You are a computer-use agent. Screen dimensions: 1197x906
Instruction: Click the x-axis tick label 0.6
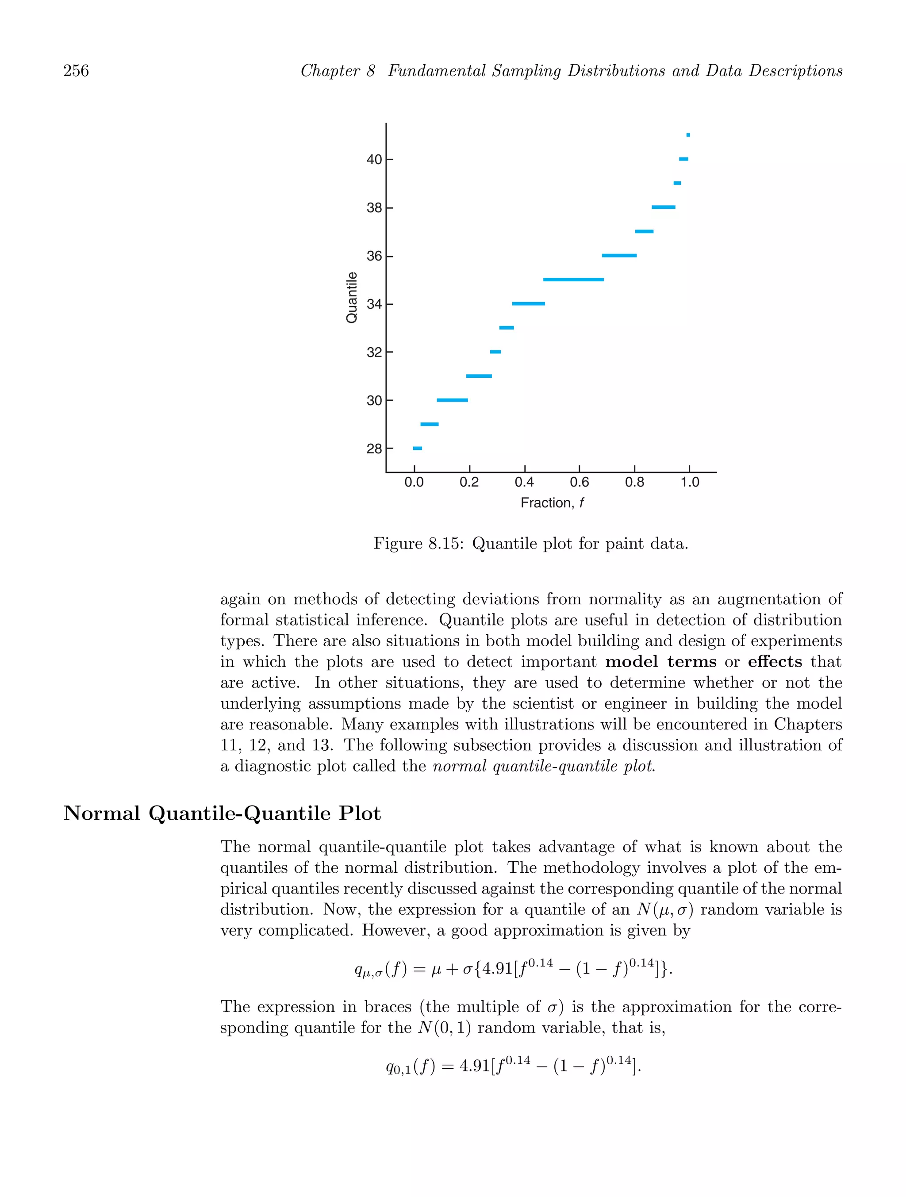pos(579,482)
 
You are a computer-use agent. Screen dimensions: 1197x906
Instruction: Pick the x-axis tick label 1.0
pos(690,482)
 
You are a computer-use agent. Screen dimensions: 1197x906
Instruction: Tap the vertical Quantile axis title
pos(351,298)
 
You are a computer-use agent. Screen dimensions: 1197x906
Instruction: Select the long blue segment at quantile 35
pos(573,280)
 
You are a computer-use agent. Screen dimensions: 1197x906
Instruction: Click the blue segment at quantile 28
pos(417,448)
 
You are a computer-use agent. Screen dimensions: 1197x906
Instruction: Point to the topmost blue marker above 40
pos(688,135)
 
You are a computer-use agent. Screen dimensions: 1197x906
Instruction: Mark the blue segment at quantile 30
pos(452,400)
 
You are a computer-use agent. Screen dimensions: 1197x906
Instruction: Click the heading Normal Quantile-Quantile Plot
pos(222,813)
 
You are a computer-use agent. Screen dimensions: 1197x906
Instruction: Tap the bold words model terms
pos(660,662)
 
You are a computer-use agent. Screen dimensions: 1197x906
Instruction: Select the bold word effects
pos(775,662)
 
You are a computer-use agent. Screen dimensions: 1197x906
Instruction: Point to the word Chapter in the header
pos(330,71)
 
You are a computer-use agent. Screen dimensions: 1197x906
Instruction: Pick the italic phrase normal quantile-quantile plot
pos(544,766)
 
